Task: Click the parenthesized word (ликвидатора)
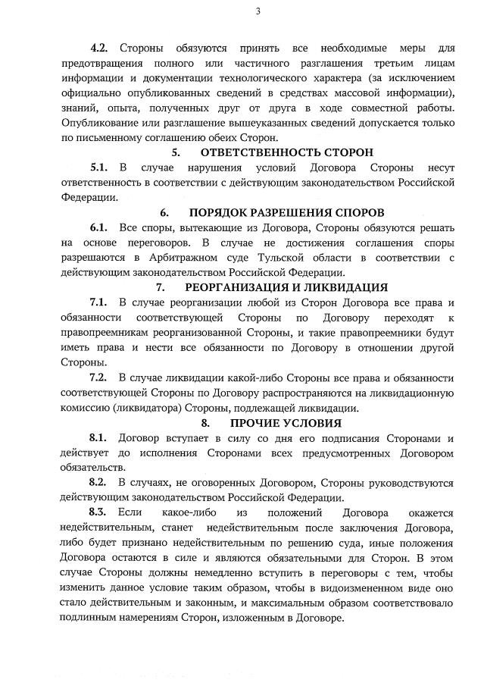pyautogui.click(x=158, y=407)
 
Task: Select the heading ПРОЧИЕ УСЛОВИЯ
pyautogui.click(x=286, y=422)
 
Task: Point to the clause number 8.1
pyautogui.click(x=100, y=437)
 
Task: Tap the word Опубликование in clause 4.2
pyautogui.click(x=105, y=123)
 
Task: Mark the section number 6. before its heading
pyautogui.click(x=164, y=212)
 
